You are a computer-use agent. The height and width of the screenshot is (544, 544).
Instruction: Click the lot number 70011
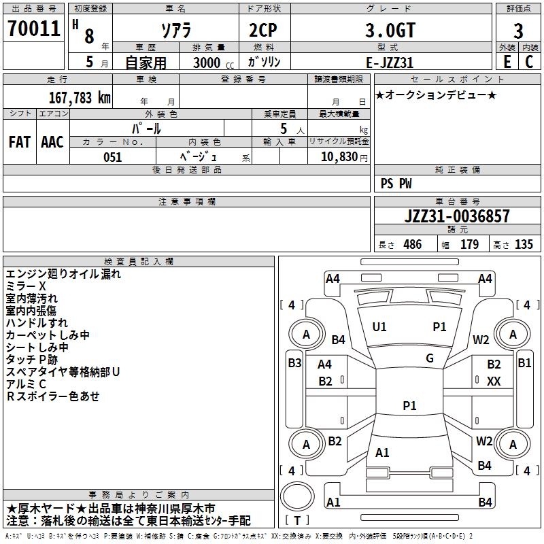[33, 29]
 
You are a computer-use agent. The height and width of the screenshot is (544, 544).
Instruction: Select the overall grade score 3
[518, 31]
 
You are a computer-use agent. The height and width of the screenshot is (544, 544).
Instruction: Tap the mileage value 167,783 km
[80, 97]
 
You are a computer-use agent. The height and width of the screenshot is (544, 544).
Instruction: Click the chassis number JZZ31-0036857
[457, 216]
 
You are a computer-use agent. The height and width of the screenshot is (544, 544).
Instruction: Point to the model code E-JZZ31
[390, 63]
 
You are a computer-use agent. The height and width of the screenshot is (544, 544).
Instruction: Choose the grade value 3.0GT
[390, 31]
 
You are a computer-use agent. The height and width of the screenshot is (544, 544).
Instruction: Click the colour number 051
[113, 157]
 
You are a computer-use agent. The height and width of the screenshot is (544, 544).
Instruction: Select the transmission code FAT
[20, 142]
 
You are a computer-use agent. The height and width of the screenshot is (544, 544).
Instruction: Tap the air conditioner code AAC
[52, 142]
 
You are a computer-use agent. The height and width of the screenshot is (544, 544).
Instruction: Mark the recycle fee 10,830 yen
[344, 157]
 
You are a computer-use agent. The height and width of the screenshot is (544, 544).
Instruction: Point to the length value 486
[413, 244]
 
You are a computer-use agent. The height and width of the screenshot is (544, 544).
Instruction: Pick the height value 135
[524, 244]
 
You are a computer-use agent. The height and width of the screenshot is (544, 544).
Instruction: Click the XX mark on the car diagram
[494, 381]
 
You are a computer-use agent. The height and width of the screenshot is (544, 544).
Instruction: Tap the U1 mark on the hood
[379, 327]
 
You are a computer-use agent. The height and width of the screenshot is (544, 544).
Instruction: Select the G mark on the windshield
[430, 358]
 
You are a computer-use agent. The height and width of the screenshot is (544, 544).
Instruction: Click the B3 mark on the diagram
[294, 363]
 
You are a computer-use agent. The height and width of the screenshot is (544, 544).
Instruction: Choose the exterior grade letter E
[507, 62]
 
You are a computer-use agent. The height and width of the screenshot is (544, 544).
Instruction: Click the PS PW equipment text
[396, 184]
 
